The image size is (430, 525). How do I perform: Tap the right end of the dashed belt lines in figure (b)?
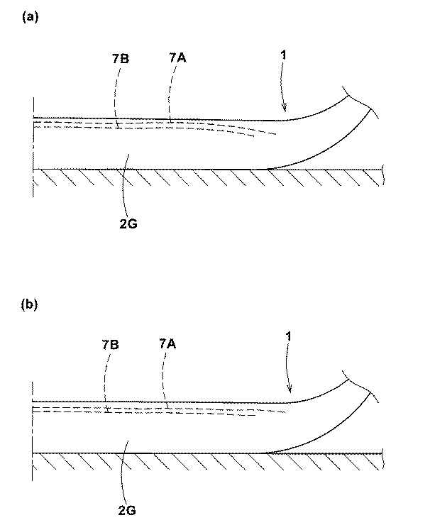point(287,411)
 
